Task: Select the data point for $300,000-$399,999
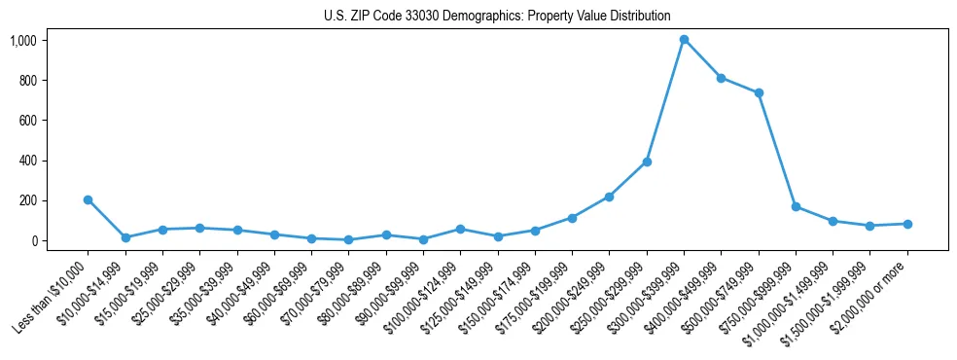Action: pos(684,40)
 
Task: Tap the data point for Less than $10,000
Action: pos(88,199)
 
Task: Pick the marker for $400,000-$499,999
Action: pos(721,78)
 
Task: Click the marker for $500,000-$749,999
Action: pos(759,93)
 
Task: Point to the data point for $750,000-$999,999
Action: pos(796,206)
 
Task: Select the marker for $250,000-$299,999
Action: pos(647,162)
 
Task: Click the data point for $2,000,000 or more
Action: pos(907,224)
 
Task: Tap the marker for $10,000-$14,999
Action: pos(125,237)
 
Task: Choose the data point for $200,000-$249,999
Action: pos(609,197)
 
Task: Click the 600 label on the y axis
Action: pos(27,121)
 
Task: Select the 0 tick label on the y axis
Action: pos(33,240)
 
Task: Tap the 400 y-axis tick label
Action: pos(27,161)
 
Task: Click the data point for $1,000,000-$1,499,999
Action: pos(833,221)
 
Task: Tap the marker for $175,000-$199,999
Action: pos(572,218)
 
